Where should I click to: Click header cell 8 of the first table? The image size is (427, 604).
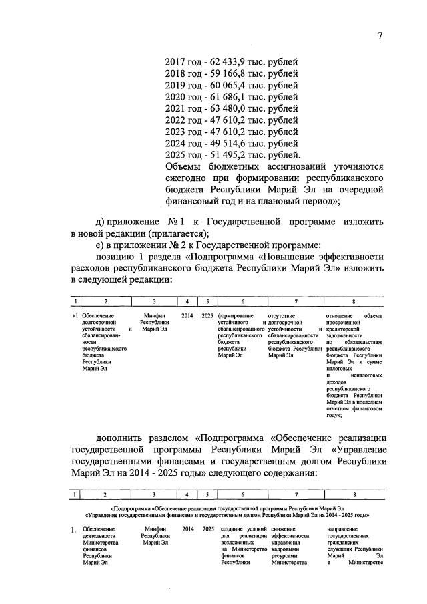[354, 301]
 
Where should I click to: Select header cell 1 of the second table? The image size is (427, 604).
[77, 494]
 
